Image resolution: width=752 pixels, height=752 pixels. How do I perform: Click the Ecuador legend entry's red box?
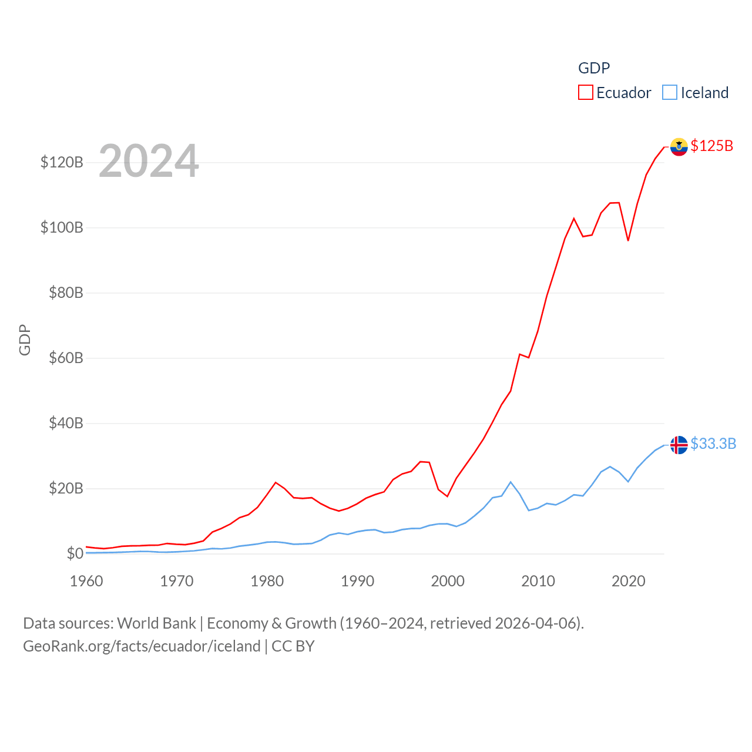click(x=585, y=93)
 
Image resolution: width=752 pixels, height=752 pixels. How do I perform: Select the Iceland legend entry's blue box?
click(x=669, y=93)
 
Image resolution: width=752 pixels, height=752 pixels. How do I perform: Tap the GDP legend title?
click(x=594, y=68)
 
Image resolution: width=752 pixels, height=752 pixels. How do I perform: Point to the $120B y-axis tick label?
click(x=62, y=162)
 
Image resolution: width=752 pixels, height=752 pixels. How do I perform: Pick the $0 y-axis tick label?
click(x=75, y=553)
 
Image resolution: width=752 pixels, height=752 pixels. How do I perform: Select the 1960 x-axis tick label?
click(x=86, y=581)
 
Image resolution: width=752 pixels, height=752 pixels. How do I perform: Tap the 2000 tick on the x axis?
click(x=448, y=581)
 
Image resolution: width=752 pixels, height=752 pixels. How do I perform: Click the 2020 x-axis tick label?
click(x=628, y=581)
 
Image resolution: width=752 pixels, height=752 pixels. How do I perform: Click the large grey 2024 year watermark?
click(x=149, y=161)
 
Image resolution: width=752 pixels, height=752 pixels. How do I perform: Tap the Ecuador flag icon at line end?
click(x=679, y=147)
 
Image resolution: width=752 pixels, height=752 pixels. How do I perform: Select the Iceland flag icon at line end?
click(x=679, y=445)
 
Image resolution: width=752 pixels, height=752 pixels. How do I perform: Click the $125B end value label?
click(x=711, y=146)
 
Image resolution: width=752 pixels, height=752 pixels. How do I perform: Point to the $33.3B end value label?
click(x=713, y=444)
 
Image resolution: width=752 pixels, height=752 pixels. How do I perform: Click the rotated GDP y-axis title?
click(x=25, y=340)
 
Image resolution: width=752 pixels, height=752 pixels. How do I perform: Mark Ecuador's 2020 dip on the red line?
click(x=628, y=240)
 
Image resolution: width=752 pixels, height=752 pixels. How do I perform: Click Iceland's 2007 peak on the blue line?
click(x=511, y=482)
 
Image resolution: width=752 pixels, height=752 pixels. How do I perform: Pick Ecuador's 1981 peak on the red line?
click(x=276, y=482)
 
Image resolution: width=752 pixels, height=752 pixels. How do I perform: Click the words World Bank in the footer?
click(x=156, y=623)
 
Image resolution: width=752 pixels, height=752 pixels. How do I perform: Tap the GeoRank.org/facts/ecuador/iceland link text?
click(x=142, y=646)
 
